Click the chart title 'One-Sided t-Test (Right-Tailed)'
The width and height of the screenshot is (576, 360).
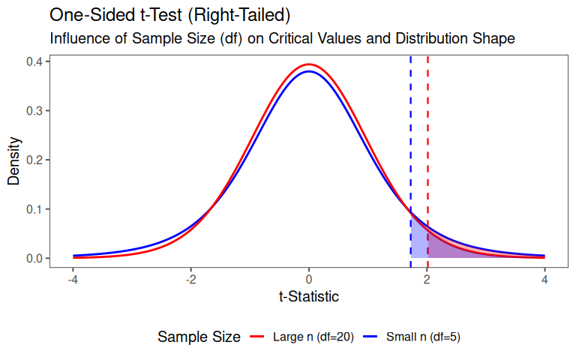(169, 15)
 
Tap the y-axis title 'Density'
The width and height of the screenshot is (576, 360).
(14, 160)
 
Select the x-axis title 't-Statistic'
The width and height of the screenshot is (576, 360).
(309, 296)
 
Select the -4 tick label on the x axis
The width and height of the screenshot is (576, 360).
(73, 279)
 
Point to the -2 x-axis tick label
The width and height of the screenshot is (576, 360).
(190, 279)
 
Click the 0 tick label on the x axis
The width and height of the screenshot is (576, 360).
(309, 279)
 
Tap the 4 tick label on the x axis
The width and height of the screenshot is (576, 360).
(544, 279)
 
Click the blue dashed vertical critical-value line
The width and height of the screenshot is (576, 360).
(410, 135)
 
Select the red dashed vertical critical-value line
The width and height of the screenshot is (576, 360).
(427, 135)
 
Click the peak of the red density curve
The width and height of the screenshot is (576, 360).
(309, 64)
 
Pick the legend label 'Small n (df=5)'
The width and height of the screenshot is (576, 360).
(423, 337)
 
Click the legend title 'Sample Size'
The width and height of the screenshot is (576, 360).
(199, 337)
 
